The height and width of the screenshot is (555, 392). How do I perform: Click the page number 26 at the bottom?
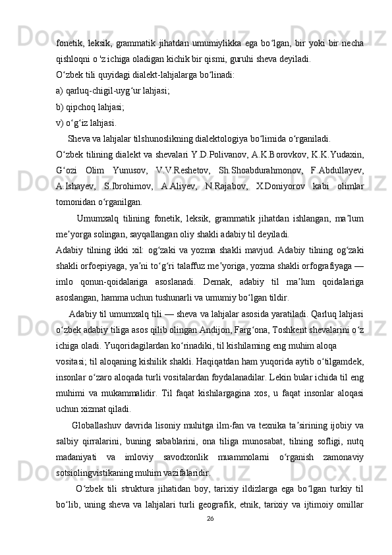[210, 537]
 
